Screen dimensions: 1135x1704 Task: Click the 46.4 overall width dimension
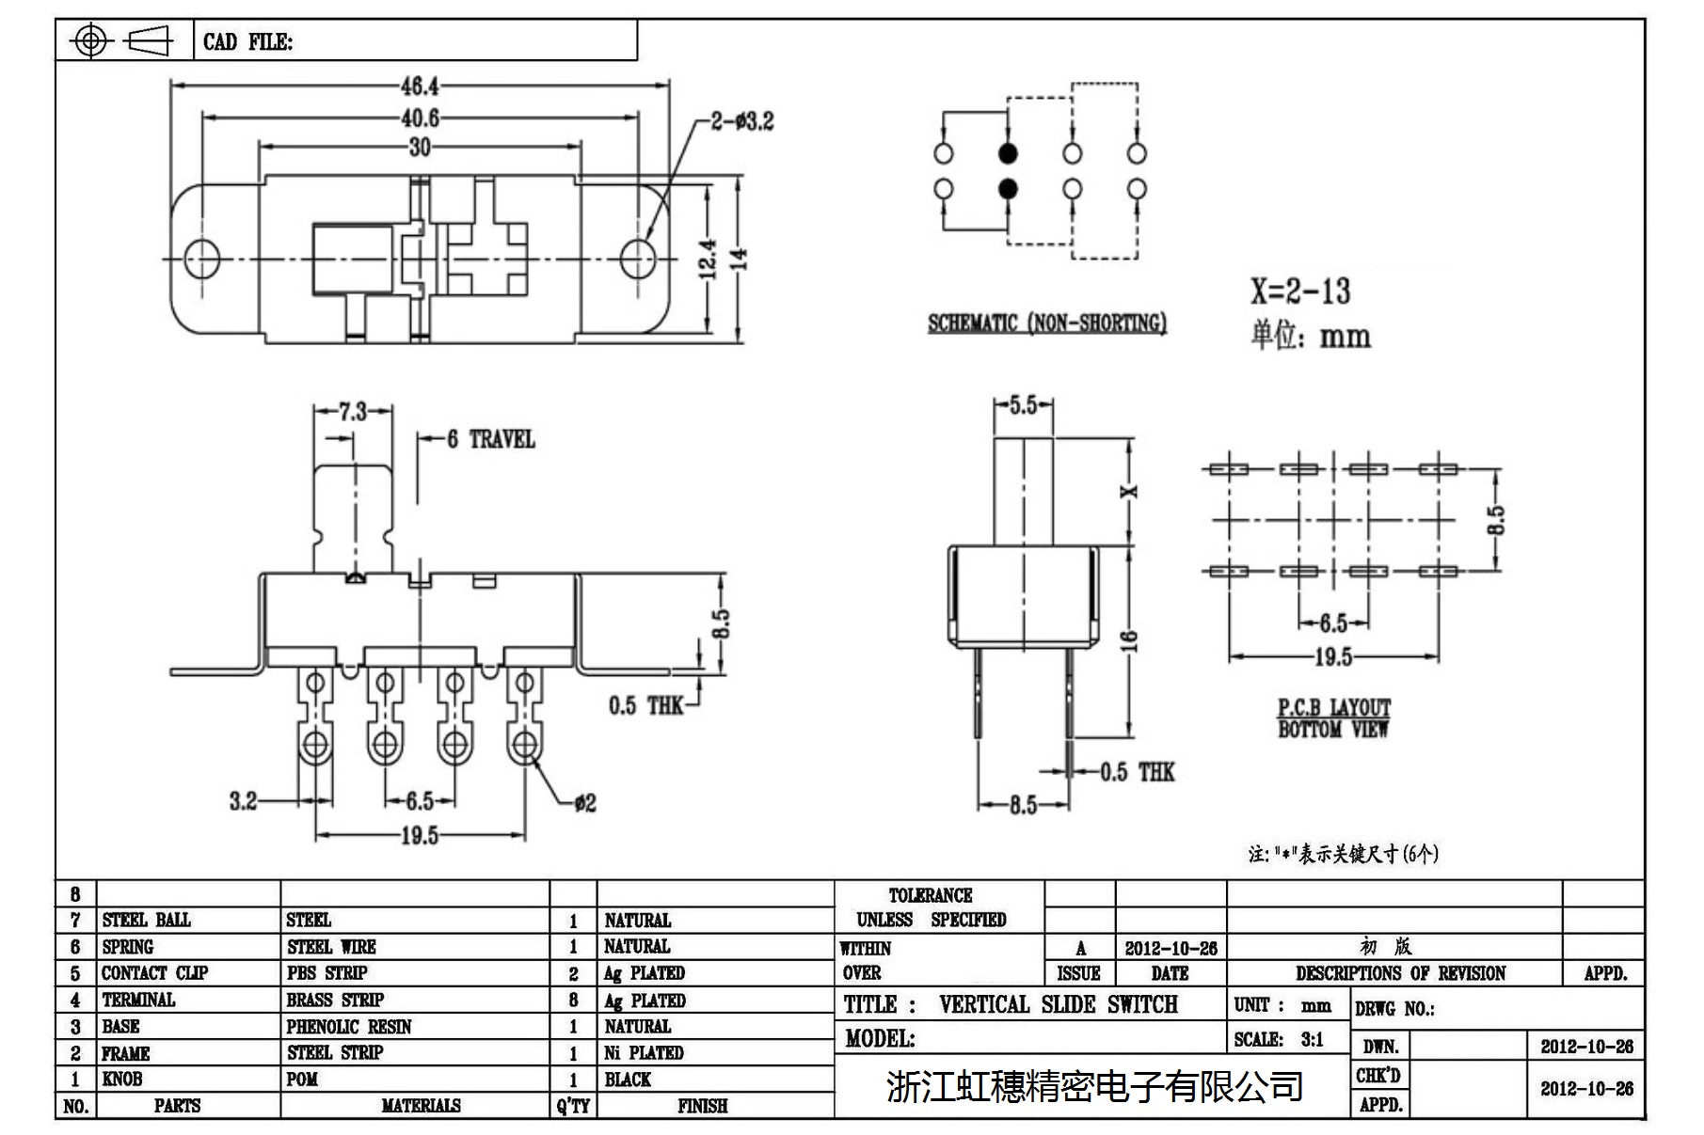[420, 87]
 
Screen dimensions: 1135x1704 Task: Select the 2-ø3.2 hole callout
[741, 121]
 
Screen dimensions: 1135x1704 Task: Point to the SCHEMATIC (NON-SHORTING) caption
[1046, 323]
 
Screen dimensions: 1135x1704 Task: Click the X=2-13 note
[1299, 292]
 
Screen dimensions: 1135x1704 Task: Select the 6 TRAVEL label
[490, 439]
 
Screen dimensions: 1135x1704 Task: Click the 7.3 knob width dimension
[352, 412]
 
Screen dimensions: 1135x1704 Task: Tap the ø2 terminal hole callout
[584, 803]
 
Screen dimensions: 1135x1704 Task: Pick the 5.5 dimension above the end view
[1023, 405]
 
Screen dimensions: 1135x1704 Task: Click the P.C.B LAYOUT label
[1333, 707]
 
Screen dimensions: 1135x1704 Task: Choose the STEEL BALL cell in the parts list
[146, 920]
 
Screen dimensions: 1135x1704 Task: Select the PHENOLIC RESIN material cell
[349, 1026]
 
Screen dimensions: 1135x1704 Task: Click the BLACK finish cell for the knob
[628, 1080]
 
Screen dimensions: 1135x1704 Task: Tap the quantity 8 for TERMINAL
[573, 1000]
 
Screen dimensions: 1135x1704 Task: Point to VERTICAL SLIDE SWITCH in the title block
[1058, 1004]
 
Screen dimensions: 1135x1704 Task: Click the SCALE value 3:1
[1312, 1039]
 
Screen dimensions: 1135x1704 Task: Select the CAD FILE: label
[247, 41]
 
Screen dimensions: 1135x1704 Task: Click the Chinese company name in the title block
[1094, 1086]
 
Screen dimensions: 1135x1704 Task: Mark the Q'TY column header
[572, 1106]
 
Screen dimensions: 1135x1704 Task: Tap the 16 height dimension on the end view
[1130, 641]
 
